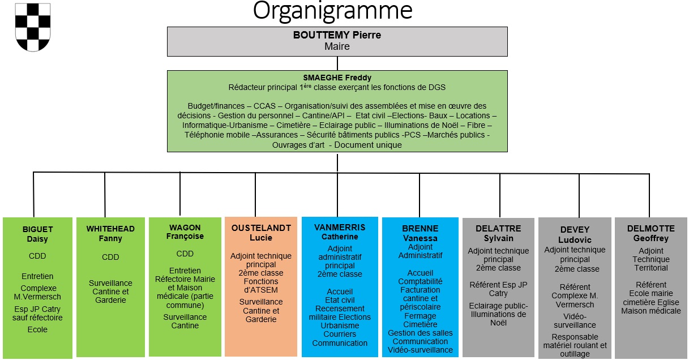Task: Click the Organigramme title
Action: pyautogui.click(x=332, y=11)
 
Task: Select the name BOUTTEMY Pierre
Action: pyautogui.click(x=337, y=35)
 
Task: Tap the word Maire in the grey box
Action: pyautogui.click(x=337, y=46)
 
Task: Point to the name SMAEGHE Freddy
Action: pyautogui.click(x=337, y=78)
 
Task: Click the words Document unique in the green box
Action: pyautogui.click(x=368, y=145)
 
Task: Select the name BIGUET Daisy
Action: pyautogui.click(x=38, y=234)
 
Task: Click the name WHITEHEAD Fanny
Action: pyautogui.click(x=110, y=234)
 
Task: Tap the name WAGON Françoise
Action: pyautogui.click(x=185, y=232)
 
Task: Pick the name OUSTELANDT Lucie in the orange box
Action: pyautogui.click(x=261, y=233)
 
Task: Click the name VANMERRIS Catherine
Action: pyautogui.click(x=340, y=232)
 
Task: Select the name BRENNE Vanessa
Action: pyautogui.click(x=420, y=233)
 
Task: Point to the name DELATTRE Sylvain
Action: pyautogui.click(x=498, y=233)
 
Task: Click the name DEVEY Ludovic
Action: pyautogui.click(x=575, y=234)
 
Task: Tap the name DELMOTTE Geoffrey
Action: pyautogui.click(x=651, y=233)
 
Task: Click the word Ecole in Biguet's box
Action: pyautogui.click(x=38, y=329)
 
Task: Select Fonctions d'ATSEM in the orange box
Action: pyautogui.click(x=261, y=286)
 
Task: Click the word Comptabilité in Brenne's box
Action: pyautogui.click(x=420, y=281)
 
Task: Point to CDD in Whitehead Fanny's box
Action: pyautogui.click(x=110, y=257)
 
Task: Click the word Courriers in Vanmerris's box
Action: pyautogui.click(x=340, y=334)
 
